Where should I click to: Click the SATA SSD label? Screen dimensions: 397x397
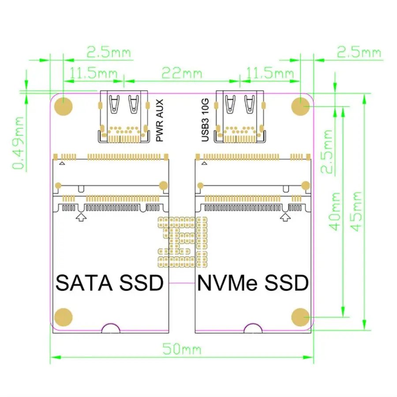click(x=109, y=282)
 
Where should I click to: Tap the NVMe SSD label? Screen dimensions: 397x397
click(x=253, y=282)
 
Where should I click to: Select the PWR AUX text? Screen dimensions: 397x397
click(x=160, y=120)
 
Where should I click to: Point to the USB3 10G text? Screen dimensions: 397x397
click(x=205, y=120)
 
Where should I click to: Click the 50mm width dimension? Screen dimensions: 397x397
click(x=182, y=349)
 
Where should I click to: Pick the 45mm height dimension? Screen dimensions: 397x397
click(x=356, y=212)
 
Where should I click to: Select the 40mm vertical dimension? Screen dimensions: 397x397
click(x=335, y=212)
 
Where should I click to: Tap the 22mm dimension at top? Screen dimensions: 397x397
click(x=182, y=72)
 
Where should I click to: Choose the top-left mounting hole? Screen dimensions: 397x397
click(x=64, y=106)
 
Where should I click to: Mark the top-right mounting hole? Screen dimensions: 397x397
click(x=301, y=106)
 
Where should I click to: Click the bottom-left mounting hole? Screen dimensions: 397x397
click(x=64, y=317)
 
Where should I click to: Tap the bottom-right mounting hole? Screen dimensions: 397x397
click(x=301, y=317)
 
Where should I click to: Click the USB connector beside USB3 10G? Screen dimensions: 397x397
click(x=240, y=117)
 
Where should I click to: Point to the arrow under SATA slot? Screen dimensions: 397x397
click(x=81, y=217)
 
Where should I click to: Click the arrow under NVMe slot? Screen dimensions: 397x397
click(x=286, y=217)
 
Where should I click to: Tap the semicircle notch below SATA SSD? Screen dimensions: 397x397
click(x=110, y=328)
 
